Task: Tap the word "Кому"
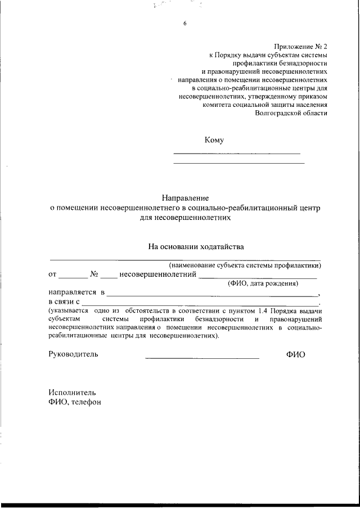coord(214,140)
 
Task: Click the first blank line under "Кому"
coord(236,153)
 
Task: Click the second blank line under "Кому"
coord(238,163)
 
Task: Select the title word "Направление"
coord(185,198)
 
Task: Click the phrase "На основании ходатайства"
coord(196,246)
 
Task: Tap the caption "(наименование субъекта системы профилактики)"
coord(245,265)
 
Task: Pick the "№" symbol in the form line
coord(94,275)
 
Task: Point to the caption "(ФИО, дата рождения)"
coord(263,284)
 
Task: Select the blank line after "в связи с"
coord(200,304)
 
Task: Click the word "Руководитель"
coord(73,354)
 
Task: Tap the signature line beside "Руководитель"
coord(202,358)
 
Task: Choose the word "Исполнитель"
coord(72,392)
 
